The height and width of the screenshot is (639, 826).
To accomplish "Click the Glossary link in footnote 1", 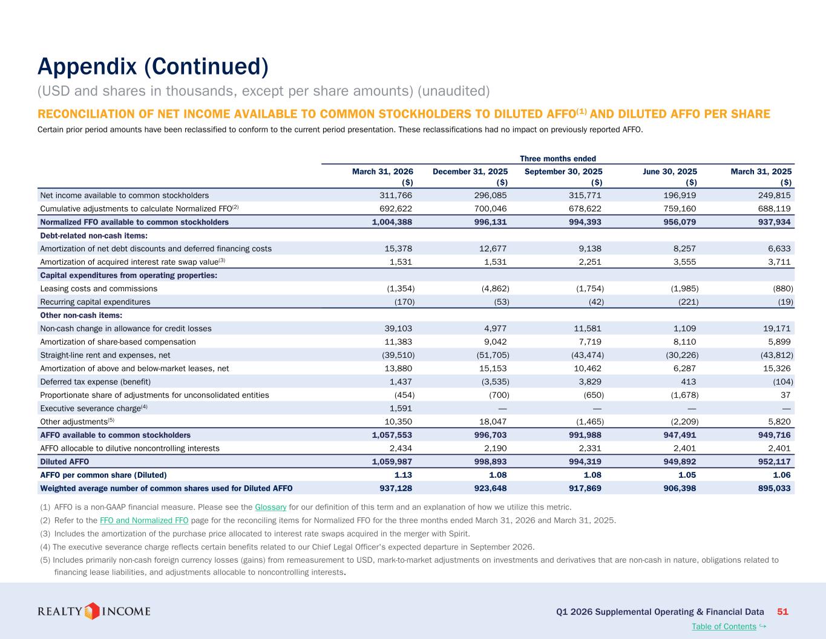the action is coord(270,507).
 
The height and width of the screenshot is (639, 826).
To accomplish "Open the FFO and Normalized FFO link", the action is coord(144,520).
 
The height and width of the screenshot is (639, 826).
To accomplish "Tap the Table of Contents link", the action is coord(724,626).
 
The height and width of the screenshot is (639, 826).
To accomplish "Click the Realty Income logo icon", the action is coord(91,611).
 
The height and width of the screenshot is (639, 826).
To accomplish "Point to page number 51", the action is coord(782,612).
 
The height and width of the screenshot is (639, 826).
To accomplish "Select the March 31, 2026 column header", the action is coord(382,171).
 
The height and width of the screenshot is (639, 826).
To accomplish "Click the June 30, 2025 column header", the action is coord(670,171).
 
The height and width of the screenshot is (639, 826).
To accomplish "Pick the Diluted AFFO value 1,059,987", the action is coord(392,462).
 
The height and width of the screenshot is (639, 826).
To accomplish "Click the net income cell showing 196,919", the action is coord(680,196).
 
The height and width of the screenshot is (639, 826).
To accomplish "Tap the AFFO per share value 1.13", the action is coord(403,475).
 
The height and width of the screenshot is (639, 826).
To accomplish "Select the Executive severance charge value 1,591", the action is coord(401,408).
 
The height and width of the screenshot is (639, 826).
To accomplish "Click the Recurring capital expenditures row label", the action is coord(95,302).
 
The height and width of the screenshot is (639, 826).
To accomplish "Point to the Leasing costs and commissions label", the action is coord(99,289).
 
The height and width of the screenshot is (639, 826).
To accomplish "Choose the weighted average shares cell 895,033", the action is coord(775,488).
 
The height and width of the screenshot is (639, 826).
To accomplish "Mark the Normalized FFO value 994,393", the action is coord(585,222).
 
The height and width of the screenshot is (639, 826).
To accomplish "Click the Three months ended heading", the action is coord(558,159).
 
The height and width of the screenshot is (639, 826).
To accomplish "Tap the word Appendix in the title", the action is coord(87,67).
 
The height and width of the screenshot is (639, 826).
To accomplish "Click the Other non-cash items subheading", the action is coord(81,316).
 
